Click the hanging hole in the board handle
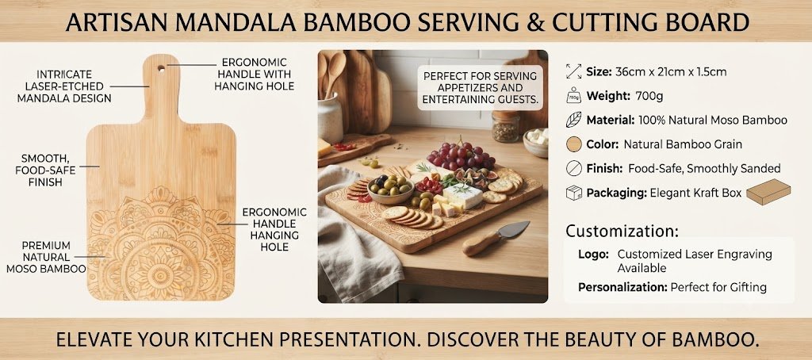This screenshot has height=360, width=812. coord(162,68)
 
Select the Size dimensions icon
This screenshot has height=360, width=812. coord(573,71)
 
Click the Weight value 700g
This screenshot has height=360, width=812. coord(649,97)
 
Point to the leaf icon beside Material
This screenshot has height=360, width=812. coord(573,121)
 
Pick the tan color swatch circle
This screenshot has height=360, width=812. coord(574,144)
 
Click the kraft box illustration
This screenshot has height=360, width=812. coord(768,192)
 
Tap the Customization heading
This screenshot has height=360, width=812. coord(622,231)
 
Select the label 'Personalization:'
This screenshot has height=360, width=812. coord(622,287)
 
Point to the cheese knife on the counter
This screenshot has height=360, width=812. coord(496,237)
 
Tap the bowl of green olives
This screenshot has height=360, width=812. coord(390,189)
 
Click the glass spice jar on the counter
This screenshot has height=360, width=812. coord(505,126)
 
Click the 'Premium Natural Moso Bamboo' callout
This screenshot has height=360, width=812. coord(46,257)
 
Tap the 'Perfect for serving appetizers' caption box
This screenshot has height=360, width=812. coord(481,87)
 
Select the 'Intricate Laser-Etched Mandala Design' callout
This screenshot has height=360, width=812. coord(64,86)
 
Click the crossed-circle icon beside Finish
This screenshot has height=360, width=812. coord(574,168)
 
